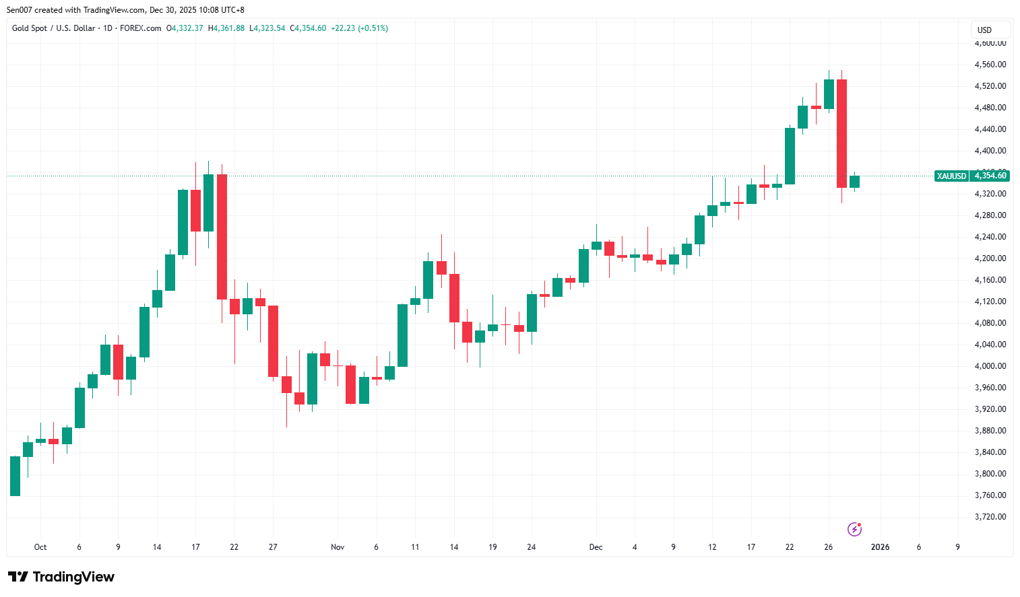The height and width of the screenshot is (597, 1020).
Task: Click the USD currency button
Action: pos(985,30)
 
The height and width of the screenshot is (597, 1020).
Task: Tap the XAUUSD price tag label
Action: pos(951,176)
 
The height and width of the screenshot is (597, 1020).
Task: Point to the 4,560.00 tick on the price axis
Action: pos(990,65)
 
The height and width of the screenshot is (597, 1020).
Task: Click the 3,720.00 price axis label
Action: pos(990,517)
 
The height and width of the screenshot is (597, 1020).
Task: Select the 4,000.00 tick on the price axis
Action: pos(990,366)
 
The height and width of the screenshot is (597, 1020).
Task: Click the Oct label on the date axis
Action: pos(40,547)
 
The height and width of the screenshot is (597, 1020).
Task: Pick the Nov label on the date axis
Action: pos(338,547)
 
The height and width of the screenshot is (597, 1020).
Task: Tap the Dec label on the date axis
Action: pos(596,547)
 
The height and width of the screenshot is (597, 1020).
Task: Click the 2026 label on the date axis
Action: pos(880,547)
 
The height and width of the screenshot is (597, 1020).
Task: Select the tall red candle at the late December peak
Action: pos(841,133)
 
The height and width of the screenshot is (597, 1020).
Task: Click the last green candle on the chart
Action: pos(854,182)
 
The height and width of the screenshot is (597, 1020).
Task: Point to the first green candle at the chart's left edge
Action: pos(15,476)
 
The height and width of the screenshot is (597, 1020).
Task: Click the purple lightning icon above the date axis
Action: pos(854,529)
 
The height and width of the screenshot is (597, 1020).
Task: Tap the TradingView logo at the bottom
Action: pos(61,577)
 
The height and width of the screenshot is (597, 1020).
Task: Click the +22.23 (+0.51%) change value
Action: pos(359,28)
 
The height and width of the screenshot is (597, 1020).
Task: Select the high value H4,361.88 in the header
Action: pos(226,28)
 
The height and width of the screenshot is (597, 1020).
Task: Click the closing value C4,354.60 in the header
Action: pos(308,28)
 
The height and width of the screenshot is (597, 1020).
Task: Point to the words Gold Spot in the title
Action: pos(30,28)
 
